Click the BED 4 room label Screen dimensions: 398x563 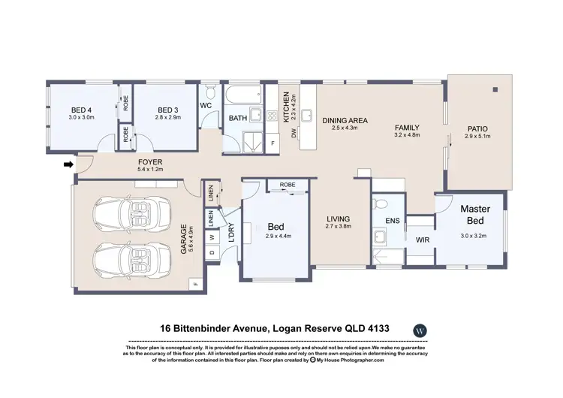(x=81, y=108)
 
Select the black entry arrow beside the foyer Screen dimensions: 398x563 (x=69, y=163)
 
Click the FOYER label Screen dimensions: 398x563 (x=150, y=162)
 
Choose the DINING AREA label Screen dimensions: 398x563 (x=345, y=120)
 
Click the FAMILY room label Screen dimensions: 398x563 (x=407, y=128)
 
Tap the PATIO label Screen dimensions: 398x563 (x=477, y=128)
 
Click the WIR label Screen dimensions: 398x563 (x=423, y=240)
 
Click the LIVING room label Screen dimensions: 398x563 (x=339, y=219)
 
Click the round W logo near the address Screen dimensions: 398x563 (x=420, y=330)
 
